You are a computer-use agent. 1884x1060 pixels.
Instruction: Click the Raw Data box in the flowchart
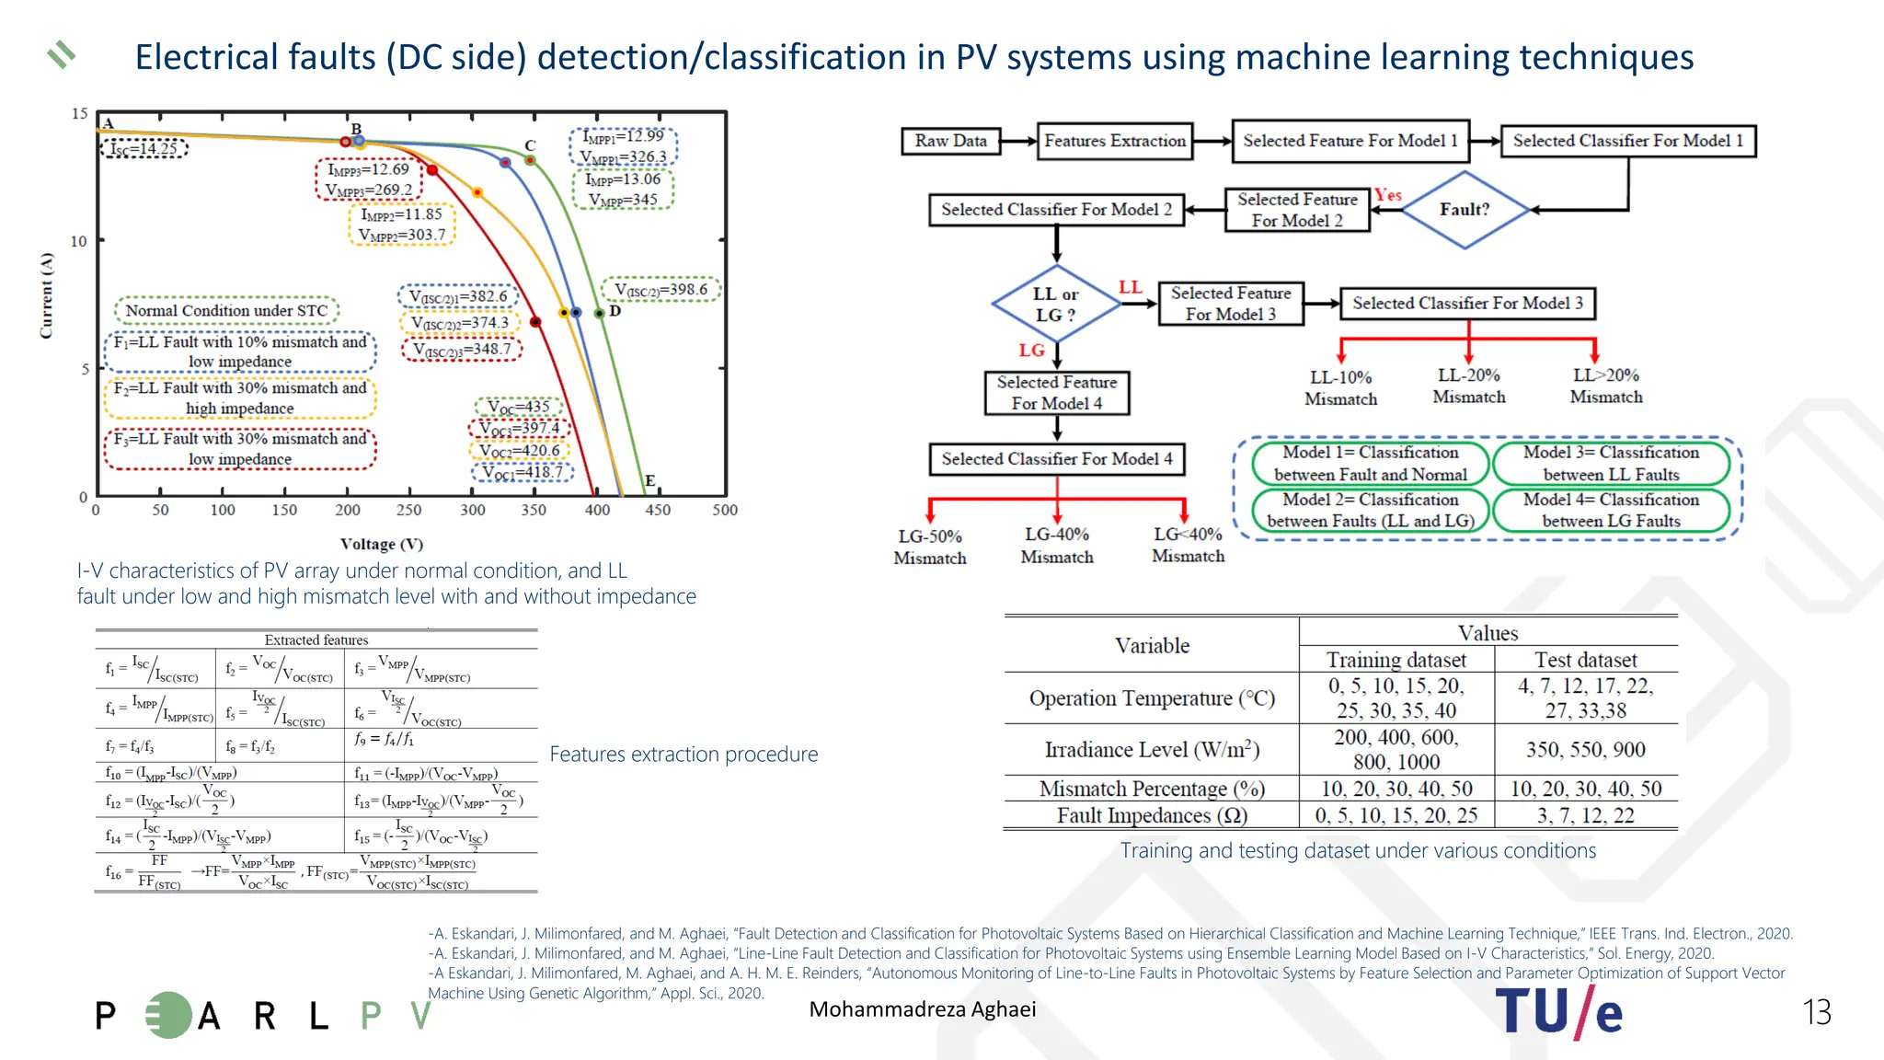click(950, 141)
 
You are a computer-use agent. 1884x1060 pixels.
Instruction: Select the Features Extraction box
click(1115, 141)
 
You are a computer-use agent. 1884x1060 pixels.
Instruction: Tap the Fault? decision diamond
click(1464, 210)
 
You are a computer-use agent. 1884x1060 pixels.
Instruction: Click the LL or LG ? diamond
click(1055, 305)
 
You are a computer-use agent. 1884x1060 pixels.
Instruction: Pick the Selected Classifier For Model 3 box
click(1467, 303)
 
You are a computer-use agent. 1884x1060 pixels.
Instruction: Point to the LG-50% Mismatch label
click(930, 547)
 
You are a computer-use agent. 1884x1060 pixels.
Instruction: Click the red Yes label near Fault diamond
click(1388, 195)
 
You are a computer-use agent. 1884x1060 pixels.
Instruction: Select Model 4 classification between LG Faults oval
click(1611, 511)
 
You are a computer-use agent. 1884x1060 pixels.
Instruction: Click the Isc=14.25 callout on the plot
click(144, 148)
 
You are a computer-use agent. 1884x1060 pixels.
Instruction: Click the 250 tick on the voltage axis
click(408, 510)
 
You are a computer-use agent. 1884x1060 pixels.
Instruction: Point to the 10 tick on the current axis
click(79, 241)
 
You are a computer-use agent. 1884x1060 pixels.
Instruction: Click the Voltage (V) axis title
click(381, 544)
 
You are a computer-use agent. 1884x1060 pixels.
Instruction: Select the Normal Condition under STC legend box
click(226, 311)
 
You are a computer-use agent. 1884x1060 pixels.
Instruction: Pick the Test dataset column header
click(1585, 660)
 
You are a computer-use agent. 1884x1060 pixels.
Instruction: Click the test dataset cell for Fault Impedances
click(1585, 815)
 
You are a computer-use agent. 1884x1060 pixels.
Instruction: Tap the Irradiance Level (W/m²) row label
click(1152, 749)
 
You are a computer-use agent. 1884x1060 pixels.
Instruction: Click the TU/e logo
click(1558, 1012)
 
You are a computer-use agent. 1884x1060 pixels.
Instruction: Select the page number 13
click(1816, 1012)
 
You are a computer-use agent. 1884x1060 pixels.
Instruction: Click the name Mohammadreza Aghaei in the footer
click(922, 1009)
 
